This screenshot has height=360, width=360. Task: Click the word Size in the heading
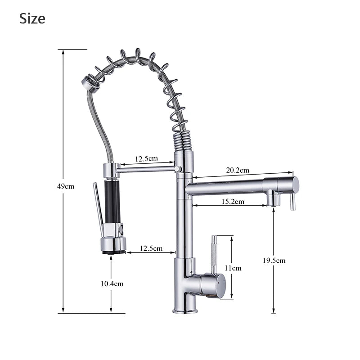(x=32, y=18)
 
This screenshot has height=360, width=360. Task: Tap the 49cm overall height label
(x=66, y=186)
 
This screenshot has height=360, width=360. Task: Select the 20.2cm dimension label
(x=238, y=170)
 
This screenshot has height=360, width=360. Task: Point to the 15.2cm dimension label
(x=233, y=202)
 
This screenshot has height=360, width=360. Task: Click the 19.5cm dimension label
(x=274, y=261)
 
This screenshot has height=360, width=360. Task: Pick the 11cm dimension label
(x=233, y=268)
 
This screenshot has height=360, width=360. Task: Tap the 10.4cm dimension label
(x=112, y=283)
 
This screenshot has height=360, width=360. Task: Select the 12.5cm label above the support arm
(x=146, y=158)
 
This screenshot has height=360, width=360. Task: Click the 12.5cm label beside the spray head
(x=151, y=248)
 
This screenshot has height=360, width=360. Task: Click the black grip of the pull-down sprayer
(x=112, y=201)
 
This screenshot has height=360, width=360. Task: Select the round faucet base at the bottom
(x=185, y=310)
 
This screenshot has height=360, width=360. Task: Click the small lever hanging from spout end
(x=292, y=201)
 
